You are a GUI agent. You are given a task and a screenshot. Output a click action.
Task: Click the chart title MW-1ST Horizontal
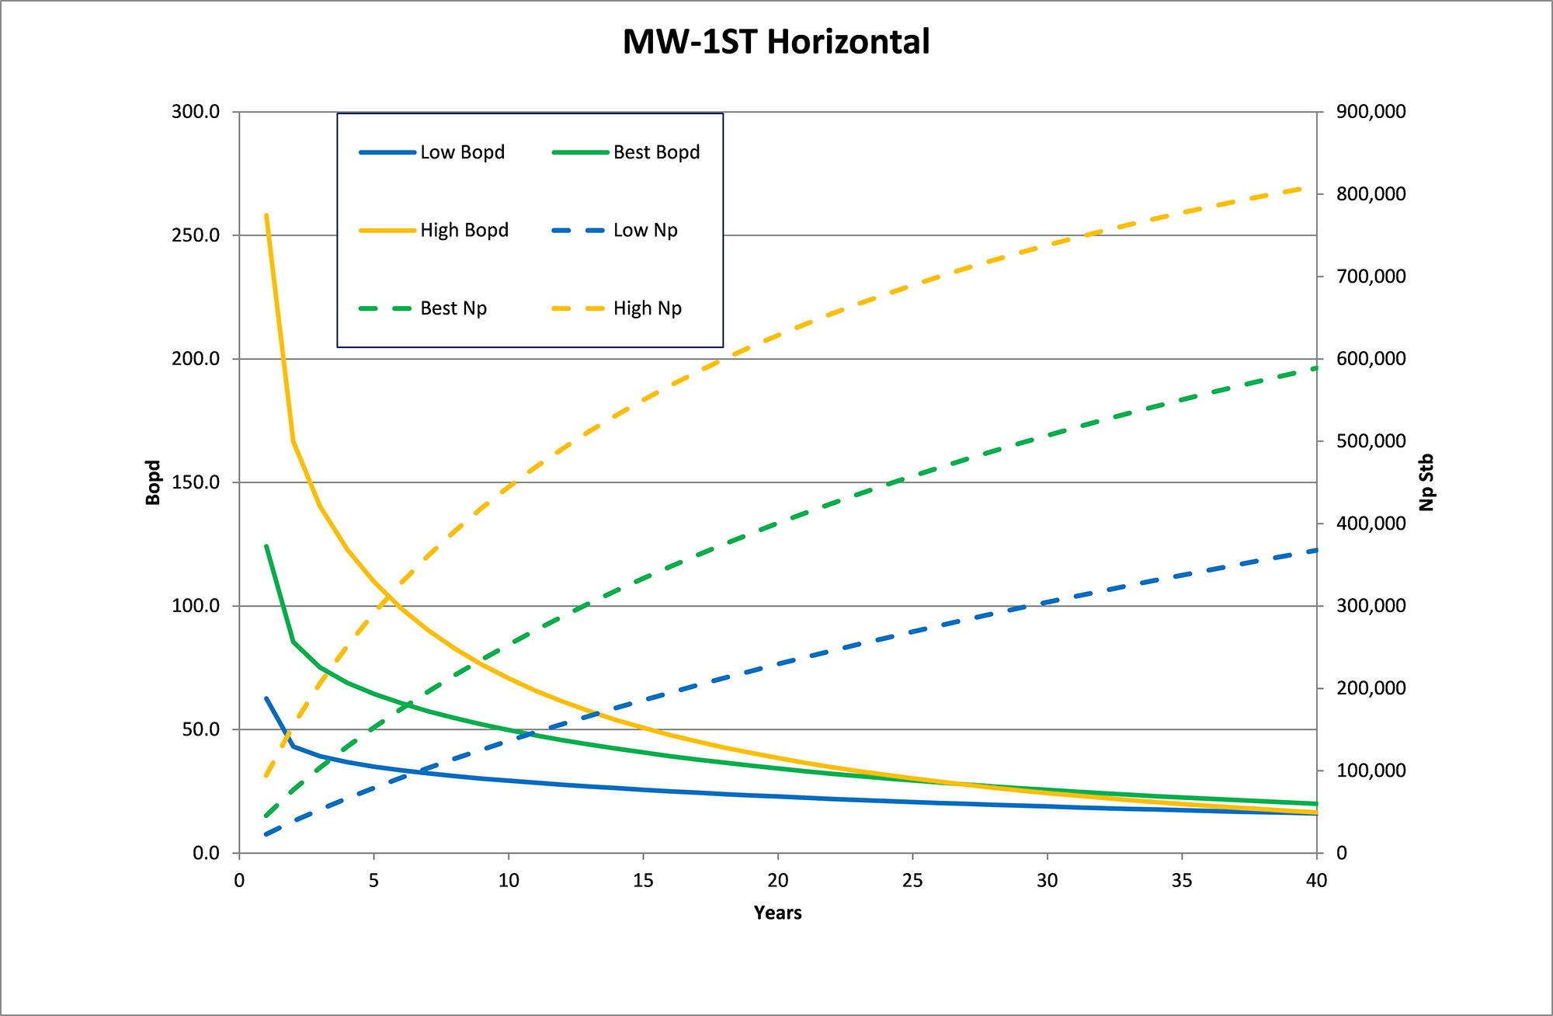[776, 42]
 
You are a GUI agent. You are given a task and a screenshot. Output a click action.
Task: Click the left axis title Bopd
[153, 482]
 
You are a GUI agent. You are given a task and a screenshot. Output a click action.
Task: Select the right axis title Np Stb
[1426, 482]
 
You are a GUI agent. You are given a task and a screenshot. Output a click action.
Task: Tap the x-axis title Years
[777, 913]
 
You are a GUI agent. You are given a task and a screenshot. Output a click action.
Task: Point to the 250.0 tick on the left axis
[196, 235]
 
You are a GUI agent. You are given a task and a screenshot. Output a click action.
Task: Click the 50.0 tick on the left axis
[200, 729]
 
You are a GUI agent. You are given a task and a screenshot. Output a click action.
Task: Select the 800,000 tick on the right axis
[1371, 194]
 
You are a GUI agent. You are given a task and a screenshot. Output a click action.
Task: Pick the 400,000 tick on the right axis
[1371, 524]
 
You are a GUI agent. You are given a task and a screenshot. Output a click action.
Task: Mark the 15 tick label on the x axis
[643, 881]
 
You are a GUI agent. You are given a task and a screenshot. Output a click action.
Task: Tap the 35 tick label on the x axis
[1182, 881]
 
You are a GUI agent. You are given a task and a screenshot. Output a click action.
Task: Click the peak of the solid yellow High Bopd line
[266, 215]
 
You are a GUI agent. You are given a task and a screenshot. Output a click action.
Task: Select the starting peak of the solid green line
[266, 546]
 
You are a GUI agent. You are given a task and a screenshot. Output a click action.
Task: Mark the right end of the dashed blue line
[1316, 551]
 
